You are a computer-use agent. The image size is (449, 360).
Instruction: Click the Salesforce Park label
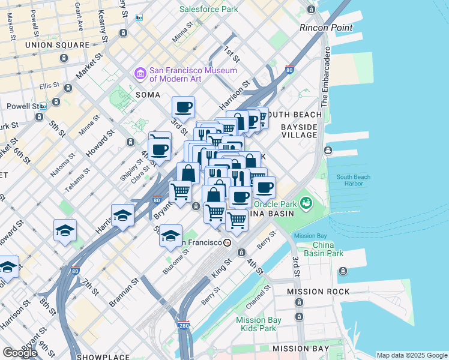tap(208, 9)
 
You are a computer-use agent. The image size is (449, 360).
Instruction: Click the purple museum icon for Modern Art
tap(140, 74)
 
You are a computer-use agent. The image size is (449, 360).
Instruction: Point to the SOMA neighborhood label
tap(148, 95)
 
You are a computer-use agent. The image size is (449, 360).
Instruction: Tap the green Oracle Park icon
tap(306, 203)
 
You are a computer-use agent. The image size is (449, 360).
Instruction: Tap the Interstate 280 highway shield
tap(184, 325)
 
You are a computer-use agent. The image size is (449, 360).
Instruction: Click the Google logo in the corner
tap(21, 352)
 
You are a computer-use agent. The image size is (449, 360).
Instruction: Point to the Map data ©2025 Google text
tap(411, 355)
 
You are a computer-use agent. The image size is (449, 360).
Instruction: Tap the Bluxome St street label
tap(176, 262)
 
